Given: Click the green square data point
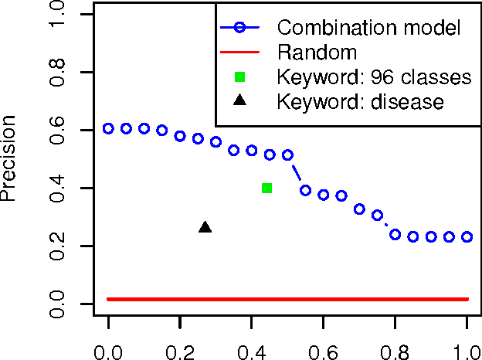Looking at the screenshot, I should point(266,188).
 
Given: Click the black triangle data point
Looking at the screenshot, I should point(205,227).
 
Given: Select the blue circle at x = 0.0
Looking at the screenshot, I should point(108,128).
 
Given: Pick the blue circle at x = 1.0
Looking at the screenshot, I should point(467,236).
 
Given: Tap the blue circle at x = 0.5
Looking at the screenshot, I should point(287,155).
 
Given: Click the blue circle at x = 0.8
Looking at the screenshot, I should point(395,234).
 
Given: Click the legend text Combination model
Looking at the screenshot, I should point(369,29).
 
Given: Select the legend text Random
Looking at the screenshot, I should point(317,53).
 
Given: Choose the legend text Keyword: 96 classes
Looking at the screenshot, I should point(374,77).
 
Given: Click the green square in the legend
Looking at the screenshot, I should point(240,77).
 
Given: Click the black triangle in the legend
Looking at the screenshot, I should point(240,100).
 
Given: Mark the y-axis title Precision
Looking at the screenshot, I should point(10,158).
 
